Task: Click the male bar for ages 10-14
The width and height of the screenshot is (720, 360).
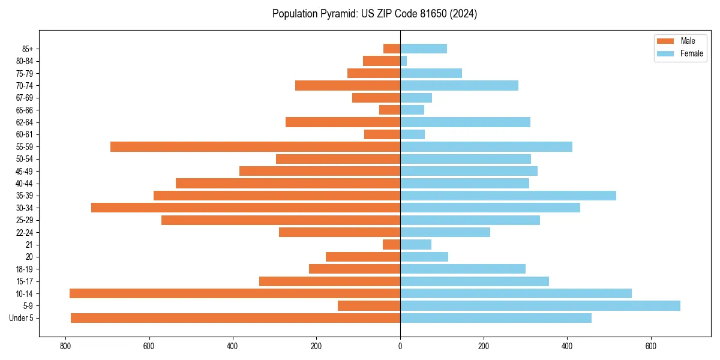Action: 235,293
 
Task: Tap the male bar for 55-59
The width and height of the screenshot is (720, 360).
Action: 255,146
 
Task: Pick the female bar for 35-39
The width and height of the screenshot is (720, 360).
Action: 508,196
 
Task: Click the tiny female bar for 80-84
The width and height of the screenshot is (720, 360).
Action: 403,61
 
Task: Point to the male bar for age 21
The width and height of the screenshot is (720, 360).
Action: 392,244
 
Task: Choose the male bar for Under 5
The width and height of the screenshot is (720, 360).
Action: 235,318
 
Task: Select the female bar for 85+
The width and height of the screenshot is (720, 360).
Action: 424,49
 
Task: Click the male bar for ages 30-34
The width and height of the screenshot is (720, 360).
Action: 245,208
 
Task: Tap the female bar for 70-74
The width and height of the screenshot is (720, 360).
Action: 459,85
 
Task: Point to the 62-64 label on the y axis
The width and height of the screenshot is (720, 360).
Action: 25,122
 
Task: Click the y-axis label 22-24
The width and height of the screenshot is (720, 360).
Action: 25,232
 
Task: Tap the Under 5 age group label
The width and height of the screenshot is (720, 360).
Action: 22,318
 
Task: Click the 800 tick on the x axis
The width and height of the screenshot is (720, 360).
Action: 65,346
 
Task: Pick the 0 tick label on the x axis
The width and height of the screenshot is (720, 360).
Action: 400,346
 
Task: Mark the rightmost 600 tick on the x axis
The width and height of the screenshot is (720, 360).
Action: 650,346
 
